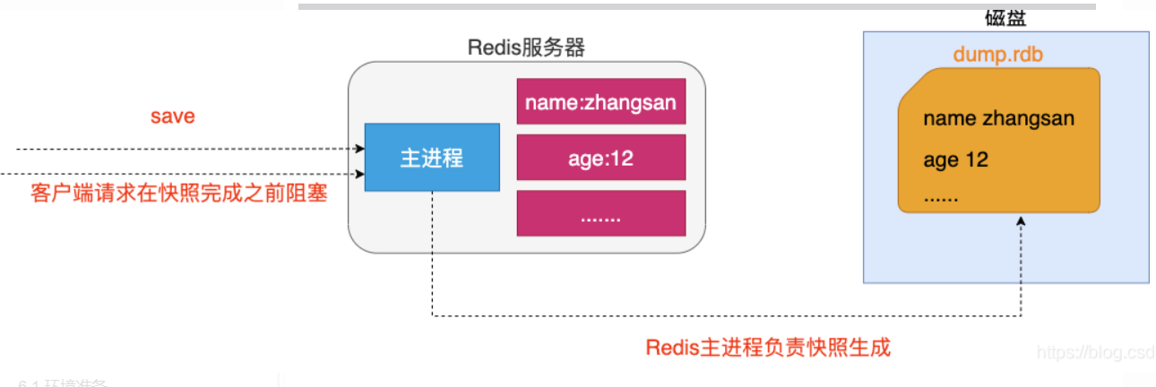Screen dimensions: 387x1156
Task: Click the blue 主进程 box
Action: coord(431,158)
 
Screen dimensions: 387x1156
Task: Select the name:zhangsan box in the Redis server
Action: coord(600,102)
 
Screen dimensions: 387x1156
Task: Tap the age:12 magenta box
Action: coord(600,159)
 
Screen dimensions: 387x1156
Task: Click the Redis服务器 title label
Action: coord(526,47)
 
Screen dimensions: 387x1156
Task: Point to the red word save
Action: coord(172,116)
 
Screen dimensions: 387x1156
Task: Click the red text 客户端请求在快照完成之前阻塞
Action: coord(178,193)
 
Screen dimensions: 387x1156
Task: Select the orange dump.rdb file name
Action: coord(997,55)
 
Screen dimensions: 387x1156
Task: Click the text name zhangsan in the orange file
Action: coord(998,119)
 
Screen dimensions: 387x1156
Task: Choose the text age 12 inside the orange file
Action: coord(955,160)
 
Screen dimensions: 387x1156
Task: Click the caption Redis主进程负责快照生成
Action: coord(768,348)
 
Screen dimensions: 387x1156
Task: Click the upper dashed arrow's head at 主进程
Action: coord(359,150)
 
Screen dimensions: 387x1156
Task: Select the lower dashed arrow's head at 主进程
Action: coord(359,174)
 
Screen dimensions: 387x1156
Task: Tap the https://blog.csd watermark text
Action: coord(1095,352)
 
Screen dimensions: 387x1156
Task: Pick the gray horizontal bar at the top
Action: coord(696,5)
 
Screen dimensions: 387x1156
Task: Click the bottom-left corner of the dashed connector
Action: coord(433,315)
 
